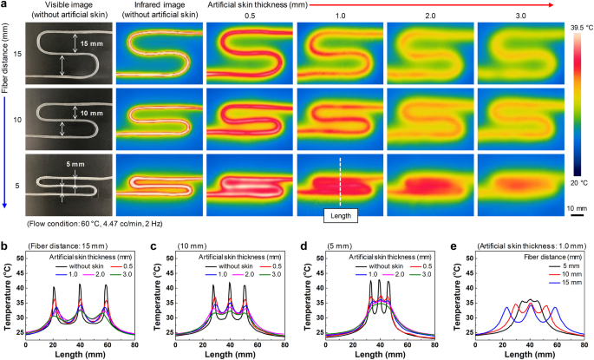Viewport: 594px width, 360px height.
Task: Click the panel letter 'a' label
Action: coord(5,6)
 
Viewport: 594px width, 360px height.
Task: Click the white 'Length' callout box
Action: coord(338,211)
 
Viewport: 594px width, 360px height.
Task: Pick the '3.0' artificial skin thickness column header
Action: coord(517,16)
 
